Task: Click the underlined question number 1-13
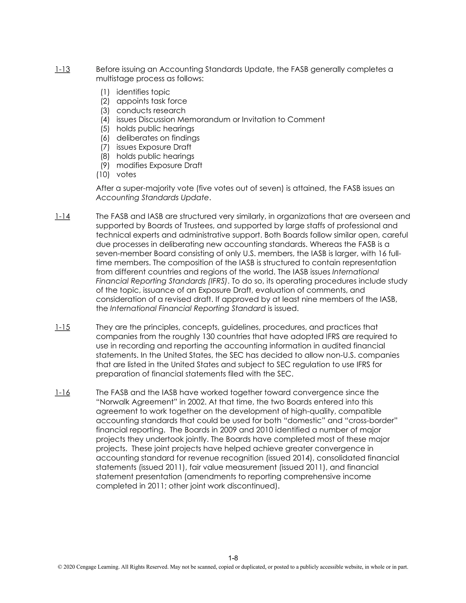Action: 62,69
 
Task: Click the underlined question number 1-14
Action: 62,216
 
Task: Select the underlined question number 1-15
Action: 62,327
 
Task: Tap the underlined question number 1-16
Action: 62,393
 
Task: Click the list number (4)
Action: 105,119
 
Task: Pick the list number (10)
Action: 103,175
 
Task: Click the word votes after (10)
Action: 126,175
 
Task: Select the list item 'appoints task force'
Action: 152,101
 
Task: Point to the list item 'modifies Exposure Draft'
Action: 159,165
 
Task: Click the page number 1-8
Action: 233,558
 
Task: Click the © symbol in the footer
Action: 59,567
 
